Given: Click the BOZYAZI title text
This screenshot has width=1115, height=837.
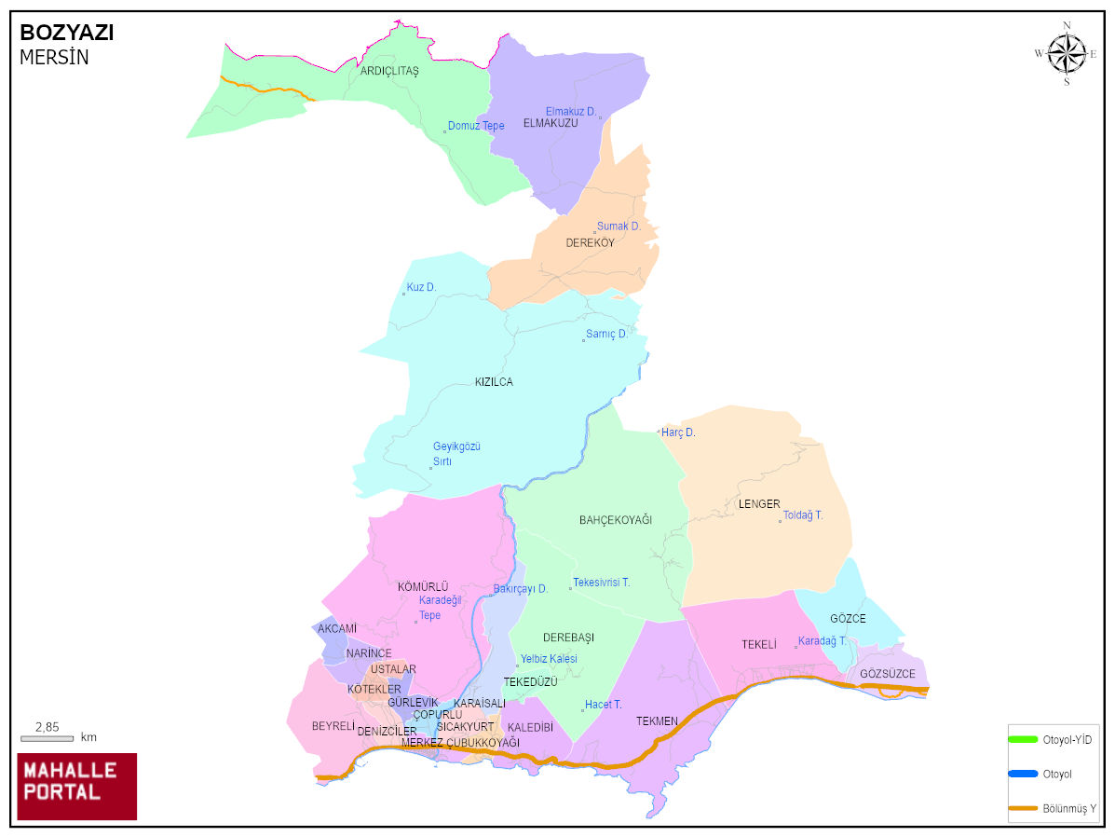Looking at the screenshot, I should pos(67,33).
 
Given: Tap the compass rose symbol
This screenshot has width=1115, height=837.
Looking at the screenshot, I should pos(1067,53).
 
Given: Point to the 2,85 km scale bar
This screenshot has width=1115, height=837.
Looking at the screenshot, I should pos(48,738).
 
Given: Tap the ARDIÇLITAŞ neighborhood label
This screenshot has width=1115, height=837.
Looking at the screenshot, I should pos(389,71).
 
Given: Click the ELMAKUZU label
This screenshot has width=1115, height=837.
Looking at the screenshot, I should pos(551,123).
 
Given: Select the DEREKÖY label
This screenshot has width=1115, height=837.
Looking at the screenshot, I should pos(591,243).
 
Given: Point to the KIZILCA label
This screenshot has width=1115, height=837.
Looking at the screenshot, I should pos(494,382).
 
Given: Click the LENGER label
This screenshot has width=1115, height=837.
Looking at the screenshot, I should pos(759,504).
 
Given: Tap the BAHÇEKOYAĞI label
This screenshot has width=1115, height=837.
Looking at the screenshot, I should pos(616,519).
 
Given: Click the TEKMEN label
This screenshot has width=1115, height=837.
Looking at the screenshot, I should pos(657,721).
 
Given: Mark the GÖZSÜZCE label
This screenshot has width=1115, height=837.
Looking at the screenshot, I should pos(888,674).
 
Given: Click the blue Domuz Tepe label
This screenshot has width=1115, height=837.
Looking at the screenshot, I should pos(475,126).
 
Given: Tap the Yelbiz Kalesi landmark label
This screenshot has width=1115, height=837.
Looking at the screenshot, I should pos(549,659).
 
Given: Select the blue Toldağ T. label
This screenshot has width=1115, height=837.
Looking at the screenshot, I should pos(803,515).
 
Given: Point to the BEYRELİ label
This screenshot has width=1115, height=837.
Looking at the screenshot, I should pos(333,726).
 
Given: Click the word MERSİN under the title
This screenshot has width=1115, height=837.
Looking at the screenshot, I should pos(54,58).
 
